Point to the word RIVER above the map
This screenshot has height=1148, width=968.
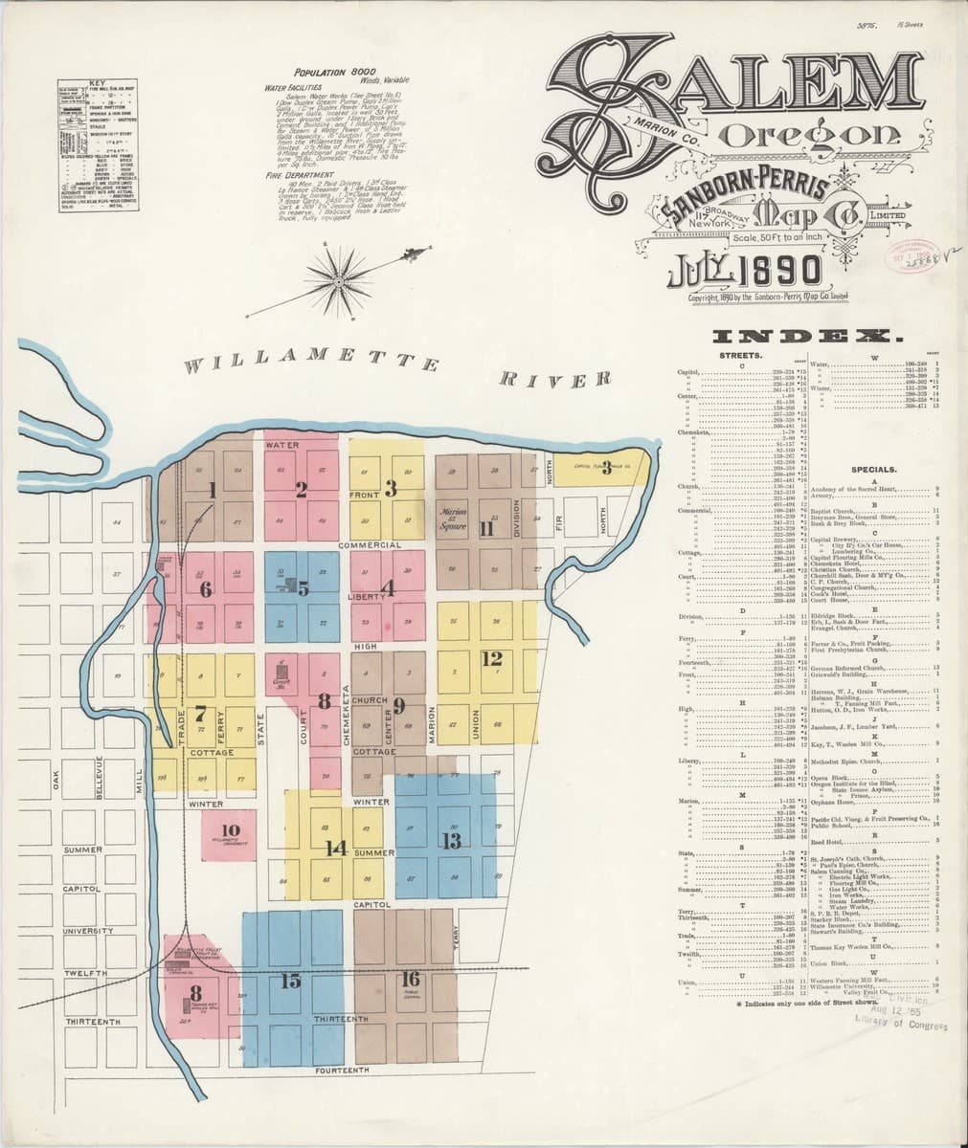555,380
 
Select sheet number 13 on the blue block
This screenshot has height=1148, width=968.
451,841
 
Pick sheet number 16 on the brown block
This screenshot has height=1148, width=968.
410,979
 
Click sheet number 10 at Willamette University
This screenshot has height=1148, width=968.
230,830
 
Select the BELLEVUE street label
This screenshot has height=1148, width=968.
98,775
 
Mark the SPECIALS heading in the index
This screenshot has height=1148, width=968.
872,470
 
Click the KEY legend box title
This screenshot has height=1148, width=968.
97,82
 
